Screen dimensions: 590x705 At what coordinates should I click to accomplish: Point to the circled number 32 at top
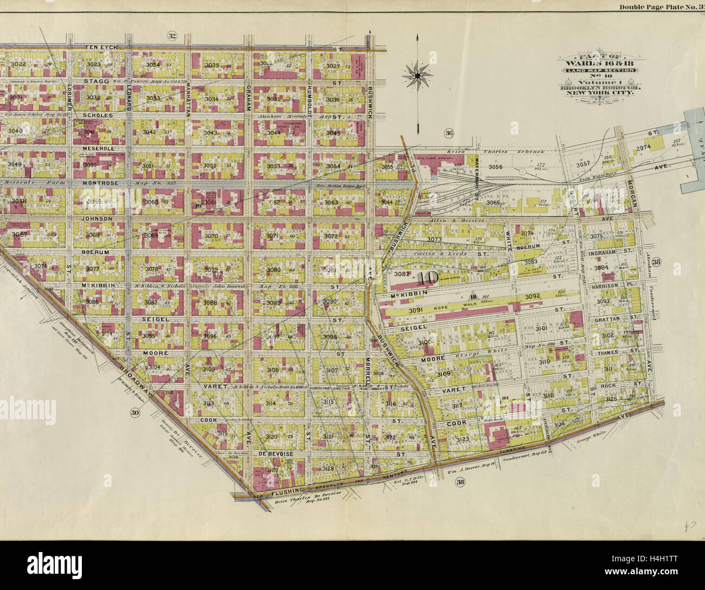point(172,36)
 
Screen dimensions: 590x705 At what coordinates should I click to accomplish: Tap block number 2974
point(643,147)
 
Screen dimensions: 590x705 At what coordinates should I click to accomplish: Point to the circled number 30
point(134,413)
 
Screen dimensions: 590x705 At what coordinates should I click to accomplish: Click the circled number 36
point(449,133)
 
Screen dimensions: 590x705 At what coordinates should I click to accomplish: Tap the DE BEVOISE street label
point(276,453)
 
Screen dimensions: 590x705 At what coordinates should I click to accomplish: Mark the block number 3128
point(328,468)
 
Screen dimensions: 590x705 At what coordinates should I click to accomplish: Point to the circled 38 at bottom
point(460,484)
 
